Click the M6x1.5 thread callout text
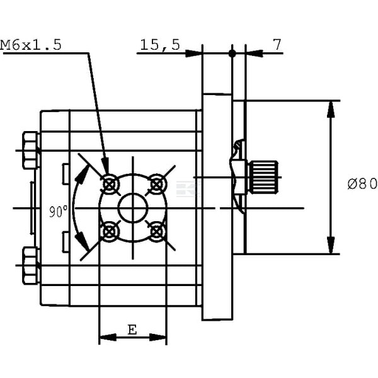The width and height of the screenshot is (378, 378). (31, 45)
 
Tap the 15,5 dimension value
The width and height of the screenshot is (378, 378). (160, 45)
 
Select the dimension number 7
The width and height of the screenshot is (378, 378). (277, 45)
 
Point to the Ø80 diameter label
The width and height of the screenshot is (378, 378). (362, 184)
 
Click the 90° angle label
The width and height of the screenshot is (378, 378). (59, 212)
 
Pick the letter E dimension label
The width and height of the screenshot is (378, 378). (132, 329)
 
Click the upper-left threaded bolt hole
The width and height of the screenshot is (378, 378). (110, 185)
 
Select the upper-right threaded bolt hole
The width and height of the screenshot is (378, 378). (157, 185)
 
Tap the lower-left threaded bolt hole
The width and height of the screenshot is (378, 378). (110, 232)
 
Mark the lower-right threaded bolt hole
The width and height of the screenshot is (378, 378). (157, 232)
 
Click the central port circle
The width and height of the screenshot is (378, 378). (133, 208)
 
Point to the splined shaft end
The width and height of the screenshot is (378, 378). (263, 177)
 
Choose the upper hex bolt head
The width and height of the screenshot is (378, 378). (31, 150)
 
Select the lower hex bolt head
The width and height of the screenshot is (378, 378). (31, 265)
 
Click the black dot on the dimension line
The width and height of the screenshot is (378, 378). (232, 54)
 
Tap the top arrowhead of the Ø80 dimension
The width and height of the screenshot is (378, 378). (331, 109)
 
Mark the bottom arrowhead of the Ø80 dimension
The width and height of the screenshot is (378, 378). (331, 245)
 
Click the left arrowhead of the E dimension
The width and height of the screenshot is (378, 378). (108, 337)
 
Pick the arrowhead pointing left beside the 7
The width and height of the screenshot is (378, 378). (254, 54)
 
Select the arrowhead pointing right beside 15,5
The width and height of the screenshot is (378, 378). (193, 54)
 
